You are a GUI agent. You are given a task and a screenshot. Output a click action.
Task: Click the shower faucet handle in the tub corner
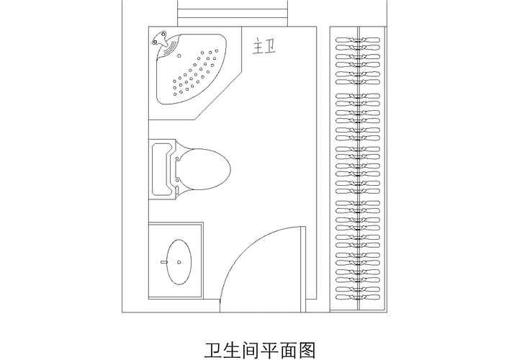click(x=162, y=40)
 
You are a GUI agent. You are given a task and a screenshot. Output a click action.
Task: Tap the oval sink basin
click(x=179, y=260)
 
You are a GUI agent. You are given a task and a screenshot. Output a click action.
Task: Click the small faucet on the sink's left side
click(x=165, y=262)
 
